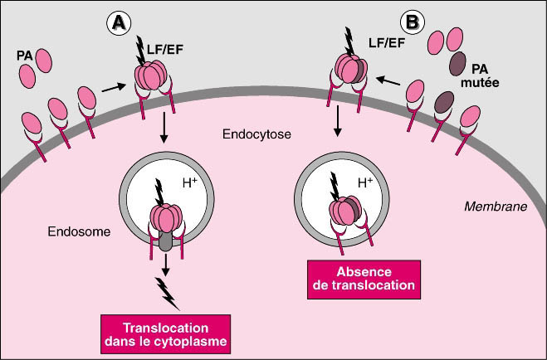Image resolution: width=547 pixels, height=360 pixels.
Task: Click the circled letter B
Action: [412, 21]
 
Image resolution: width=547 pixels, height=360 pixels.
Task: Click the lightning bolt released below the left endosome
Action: [168, 289]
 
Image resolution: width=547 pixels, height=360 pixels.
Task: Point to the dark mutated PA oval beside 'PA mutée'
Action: [457, 63]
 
